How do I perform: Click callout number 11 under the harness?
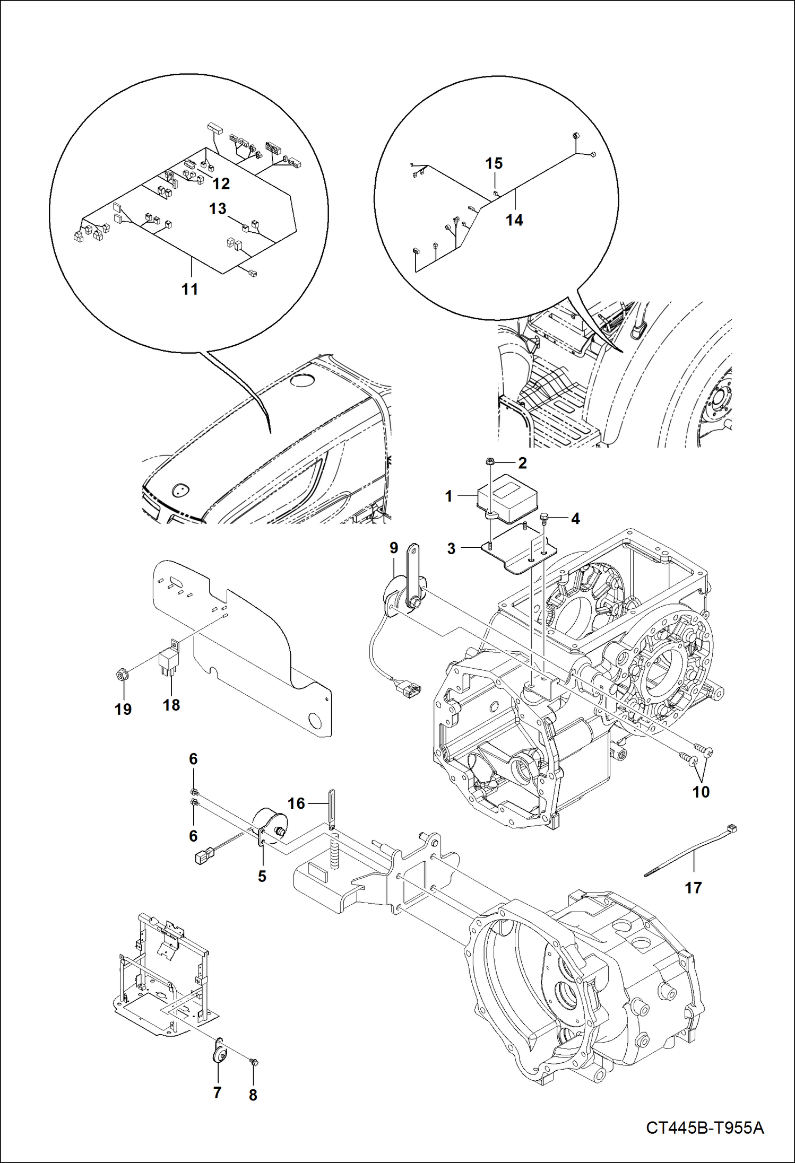[x=189, y=289]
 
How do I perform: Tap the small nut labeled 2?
[x=490, y=462]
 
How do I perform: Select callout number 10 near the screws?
[x=701, y=792]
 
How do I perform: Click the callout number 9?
[x=393, y=548]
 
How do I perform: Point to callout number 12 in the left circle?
[x=221, y=183]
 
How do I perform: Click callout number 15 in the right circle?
[x=494, y=163]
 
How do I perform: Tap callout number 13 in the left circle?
[x=218, y=208]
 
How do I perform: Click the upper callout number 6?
[x=193, y=759]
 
